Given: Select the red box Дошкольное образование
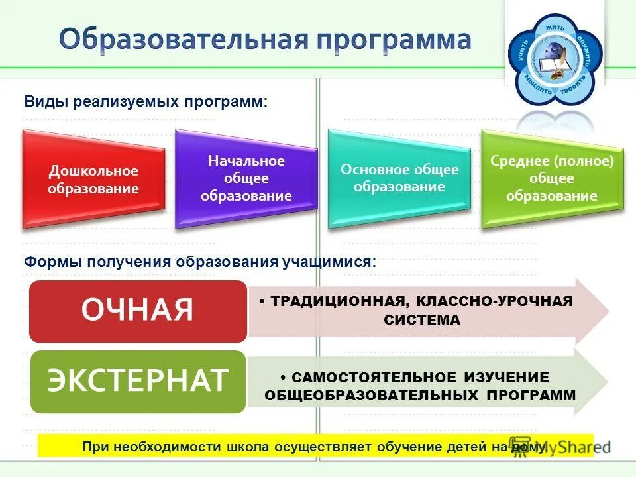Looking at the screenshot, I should click(93, 180).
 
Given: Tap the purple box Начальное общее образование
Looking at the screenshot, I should click(246, 178).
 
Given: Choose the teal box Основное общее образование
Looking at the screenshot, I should click(399, 178).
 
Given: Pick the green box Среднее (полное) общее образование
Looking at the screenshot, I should click(552, 178).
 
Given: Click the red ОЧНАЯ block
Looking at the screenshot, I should click(138, 310).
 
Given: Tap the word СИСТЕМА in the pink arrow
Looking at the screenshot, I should click(421, 320).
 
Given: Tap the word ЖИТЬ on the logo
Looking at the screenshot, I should click(555, 28).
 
